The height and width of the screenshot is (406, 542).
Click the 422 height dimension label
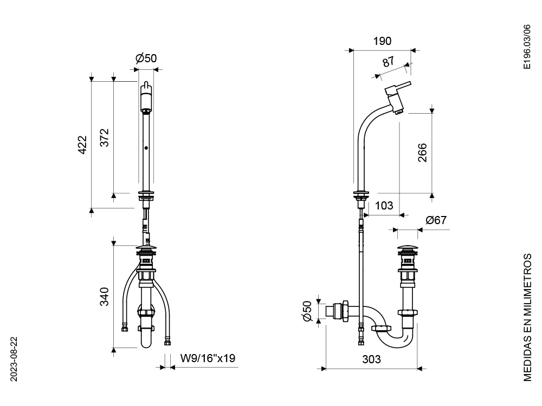click(x=82, y=145)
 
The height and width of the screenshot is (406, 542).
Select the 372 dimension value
click(x=105, y=138)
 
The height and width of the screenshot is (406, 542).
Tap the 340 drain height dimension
click(x=105, y=297)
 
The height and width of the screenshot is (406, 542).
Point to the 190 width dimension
click(x=383, y=42)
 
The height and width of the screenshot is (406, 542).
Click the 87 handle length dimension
click(x=389, y=62)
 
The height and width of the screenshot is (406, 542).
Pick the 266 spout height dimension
click(x=422, y=153)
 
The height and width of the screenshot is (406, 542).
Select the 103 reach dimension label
click(x=384, y=206)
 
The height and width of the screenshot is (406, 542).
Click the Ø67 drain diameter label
click(x=436, y=220)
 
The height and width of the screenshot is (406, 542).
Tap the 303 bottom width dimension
click(x=371, y=359)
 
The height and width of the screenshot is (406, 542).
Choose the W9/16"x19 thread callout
click(x=208, y=358)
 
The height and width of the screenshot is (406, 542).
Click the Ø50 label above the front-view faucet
click(x=146, y=59)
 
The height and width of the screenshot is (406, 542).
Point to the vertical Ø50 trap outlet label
click(x=307, y=311)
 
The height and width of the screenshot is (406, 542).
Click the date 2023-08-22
click(x=14, y=359)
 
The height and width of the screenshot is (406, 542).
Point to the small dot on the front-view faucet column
click(x=146, y=148)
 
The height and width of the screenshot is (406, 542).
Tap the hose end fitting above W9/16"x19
click(x=167, y=342)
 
